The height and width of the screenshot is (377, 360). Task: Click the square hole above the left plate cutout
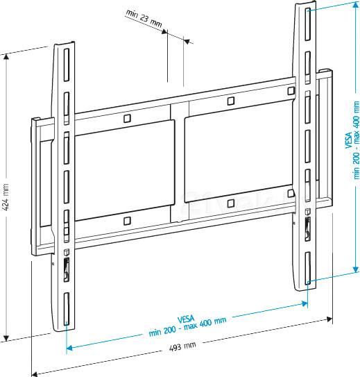click(x=126, y=119)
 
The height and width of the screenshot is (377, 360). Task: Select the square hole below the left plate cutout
click(x=126, y=221)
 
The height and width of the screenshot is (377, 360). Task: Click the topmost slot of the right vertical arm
click(x=304, y=18)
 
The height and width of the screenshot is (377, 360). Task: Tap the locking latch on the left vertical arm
click(x=67, y=267)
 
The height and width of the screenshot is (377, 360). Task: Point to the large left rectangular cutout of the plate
click(x=122, y=170)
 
